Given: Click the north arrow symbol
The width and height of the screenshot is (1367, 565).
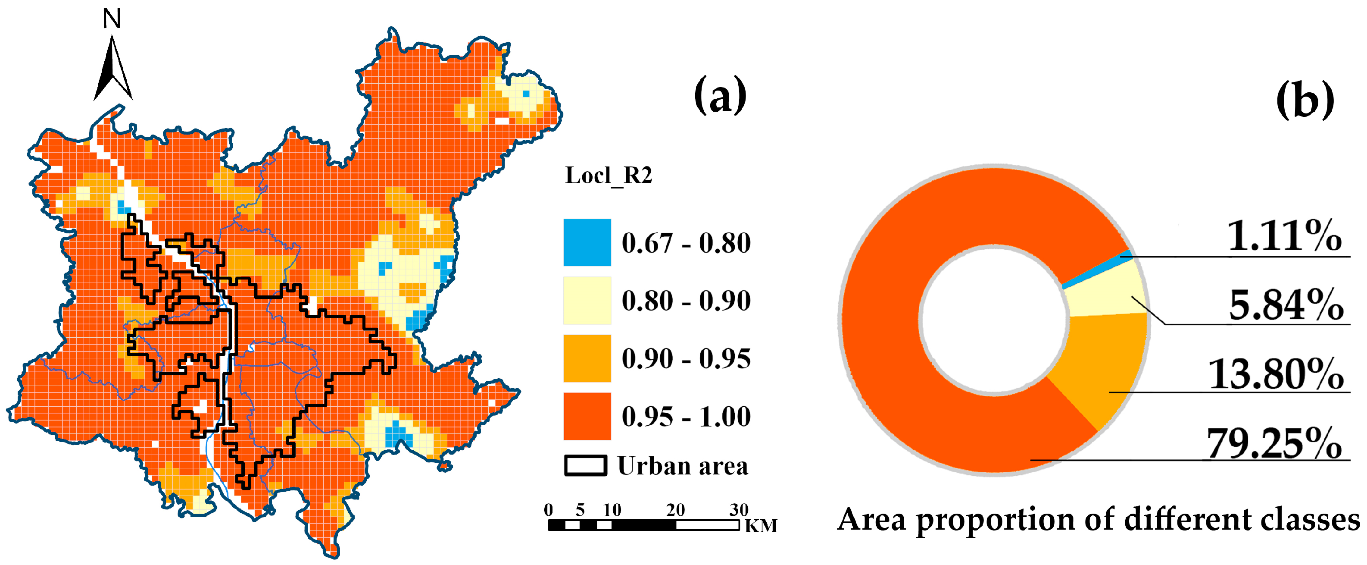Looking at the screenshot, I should click(x=112, y=69).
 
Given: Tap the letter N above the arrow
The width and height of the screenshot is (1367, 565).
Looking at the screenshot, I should click(x=112, y=19).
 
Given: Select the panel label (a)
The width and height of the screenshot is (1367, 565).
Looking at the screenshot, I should click(x=720, y=96).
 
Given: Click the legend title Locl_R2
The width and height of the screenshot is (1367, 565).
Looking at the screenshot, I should click(x=609, y=175).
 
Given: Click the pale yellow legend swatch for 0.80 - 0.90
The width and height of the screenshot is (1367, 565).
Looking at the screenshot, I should click(x=587, y=300).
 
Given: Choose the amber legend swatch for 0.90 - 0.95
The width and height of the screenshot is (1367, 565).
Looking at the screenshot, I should click(x=587, y=358).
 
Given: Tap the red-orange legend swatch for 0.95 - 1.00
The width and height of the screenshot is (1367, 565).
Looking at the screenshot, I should click(x=587, y=416).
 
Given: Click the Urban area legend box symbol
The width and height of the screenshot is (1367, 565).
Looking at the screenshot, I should click(x=585, y=466).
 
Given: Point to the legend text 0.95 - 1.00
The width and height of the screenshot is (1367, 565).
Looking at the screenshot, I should click(x=686, y=416).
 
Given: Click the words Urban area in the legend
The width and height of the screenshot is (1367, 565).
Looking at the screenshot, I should click(x=683, y=466).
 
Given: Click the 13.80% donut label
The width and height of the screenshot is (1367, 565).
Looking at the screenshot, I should click(x=1276, y=374).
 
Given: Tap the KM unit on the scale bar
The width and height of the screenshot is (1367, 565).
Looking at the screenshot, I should click(x=761, y=526).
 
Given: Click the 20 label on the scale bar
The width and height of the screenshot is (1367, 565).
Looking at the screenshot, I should click(x=675, y=510).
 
